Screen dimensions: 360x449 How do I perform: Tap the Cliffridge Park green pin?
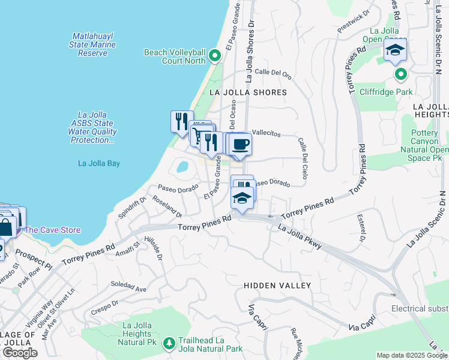click(x=401, y=74)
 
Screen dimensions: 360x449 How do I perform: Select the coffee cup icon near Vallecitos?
click(x=241, y=145)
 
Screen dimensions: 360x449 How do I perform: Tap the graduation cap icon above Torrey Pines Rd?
click(x=242, y=198)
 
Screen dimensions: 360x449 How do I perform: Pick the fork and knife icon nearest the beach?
click(x=181, y=122)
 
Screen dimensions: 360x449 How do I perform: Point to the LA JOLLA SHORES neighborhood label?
click(x=249, y=92)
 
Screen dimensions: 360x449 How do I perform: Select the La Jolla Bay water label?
click(x=99, y=163)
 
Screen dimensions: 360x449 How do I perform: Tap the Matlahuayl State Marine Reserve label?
click(x=92, y=44)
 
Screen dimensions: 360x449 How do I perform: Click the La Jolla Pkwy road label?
click(x=300, y=236)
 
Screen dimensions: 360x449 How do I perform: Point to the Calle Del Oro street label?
click(x=273, y=74)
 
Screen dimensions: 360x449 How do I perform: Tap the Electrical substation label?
click(x=420, y=308)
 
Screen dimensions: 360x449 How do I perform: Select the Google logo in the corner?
click(x=20, y=353)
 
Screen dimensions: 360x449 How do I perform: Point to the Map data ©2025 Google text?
click(x=411, y=355)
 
